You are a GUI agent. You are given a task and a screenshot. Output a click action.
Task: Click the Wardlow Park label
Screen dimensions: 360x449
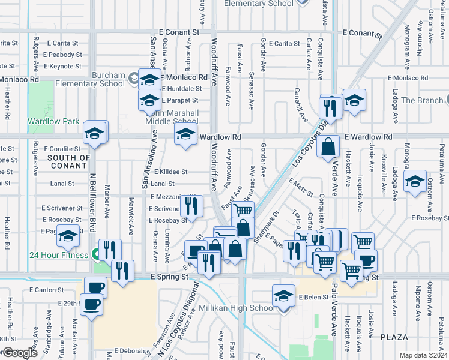point(53,121)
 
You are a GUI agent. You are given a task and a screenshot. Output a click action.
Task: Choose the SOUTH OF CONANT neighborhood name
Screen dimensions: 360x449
point(68,162)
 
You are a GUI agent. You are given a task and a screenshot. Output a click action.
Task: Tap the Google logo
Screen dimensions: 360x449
point(19,353)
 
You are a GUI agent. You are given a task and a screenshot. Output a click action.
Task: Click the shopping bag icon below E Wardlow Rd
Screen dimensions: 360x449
point(329,146)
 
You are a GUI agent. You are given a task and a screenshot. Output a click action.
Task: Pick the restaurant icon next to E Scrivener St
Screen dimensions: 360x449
point(191,206)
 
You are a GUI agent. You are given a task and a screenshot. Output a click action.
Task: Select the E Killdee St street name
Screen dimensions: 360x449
point(169,172)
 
